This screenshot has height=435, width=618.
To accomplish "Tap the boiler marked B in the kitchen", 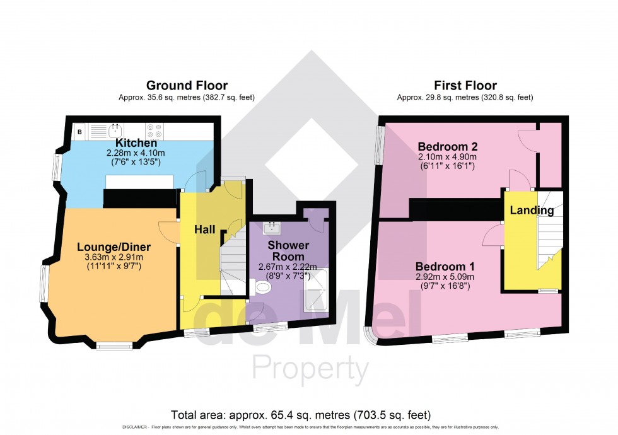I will point(80,132).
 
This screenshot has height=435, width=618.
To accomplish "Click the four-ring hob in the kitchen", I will point(154,131).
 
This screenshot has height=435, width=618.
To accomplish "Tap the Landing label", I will point(531,210).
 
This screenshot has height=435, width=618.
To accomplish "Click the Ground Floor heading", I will point(187,86).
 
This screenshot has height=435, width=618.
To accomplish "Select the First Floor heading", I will point(465,86).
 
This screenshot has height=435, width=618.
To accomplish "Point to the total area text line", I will point(301,415).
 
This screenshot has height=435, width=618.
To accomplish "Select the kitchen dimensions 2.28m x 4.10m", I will point(136,153).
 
